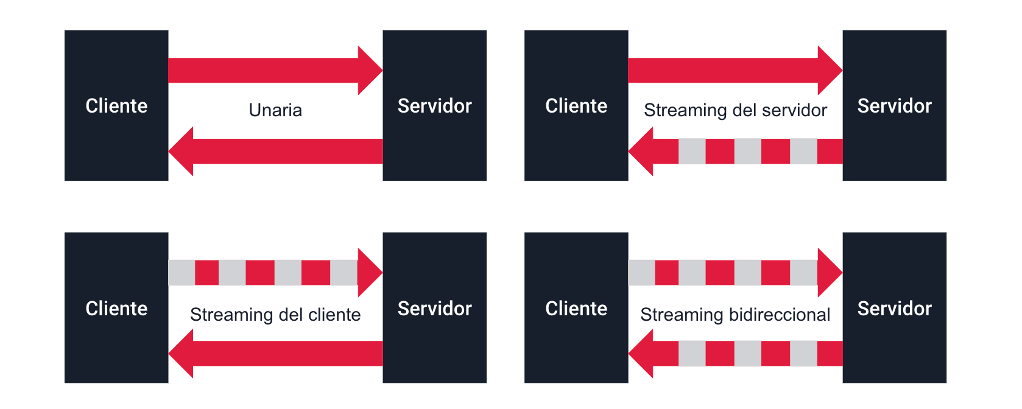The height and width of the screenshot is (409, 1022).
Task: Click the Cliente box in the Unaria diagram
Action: pos(116,105)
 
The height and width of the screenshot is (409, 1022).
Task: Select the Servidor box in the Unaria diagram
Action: pos(434,105)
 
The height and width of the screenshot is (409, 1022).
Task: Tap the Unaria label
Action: pos(275,110)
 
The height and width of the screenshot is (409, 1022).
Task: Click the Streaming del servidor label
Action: pos(735,110)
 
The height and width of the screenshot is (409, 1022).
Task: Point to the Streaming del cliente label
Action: pos(275,315)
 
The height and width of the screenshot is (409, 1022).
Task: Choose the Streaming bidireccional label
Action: pos(735,315)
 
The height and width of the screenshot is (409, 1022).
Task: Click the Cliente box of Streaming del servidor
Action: pos(576,105)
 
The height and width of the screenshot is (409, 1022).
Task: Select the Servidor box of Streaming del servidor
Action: pos(894,105)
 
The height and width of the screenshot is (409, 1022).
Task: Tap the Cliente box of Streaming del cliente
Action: pos(116,308)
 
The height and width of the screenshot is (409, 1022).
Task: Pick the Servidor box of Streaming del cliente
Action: pos(434,308)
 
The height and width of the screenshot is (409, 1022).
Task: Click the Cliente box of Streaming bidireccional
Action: pos(576,308)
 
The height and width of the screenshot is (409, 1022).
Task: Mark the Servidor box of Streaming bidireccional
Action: pos(894,308)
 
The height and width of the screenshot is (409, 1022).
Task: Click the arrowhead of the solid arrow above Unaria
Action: pos(369,71)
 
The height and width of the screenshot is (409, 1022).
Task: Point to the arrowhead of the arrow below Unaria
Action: pos(182,151)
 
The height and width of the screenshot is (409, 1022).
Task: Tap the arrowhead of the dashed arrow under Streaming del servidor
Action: pos(642,151)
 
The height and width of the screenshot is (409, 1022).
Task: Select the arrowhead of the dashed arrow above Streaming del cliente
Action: pos(369,273)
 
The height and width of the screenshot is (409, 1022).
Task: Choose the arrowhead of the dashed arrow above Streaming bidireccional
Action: pos(829,273)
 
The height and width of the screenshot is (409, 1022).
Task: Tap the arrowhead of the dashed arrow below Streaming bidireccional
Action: pos(642,354)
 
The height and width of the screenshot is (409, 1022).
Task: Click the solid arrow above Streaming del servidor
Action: pos(725,71)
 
